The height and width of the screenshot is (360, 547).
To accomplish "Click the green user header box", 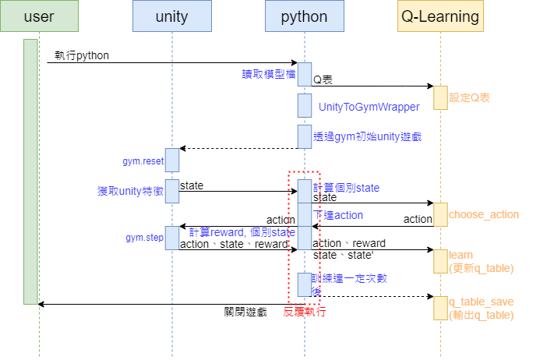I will (x=39, y=16).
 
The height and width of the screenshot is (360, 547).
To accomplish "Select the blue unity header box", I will (x=171, y=16).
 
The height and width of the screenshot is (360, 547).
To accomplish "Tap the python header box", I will (x=304, y=16).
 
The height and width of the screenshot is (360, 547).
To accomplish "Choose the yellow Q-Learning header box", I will (x=440, y=16).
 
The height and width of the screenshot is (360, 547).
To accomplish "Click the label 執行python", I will (x=82, y=55).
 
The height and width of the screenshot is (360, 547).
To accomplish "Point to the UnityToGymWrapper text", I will (x=369, y=106).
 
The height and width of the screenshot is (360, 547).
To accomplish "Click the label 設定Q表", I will (x=470, y=98).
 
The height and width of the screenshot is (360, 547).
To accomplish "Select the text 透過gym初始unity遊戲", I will (x=367, y=136).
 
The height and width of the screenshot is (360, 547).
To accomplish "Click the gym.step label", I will (x=143, y=236).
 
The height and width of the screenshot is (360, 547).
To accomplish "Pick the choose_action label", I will (x=483, y=214).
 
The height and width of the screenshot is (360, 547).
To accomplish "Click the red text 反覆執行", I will (x=304, y=312).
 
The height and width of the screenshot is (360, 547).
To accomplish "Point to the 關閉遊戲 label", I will (x=245, y=312).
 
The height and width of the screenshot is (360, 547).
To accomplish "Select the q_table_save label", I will (x=481, y=302).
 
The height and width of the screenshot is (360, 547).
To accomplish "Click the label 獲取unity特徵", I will (x=130, y=191).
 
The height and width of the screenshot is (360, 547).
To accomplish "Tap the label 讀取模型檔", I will (x=269, y=74).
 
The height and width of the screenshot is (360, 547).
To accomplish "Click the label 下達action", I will (x=338, y=215).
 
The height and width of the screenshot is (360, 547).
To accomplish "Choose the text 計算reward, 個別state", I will (x=242, y=232).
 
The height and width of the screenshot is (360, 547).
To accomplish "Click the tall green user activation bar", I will (x=30, y=171).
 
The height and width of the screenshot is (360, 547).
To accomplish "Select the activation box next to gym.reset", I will (x=171, y=160).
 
